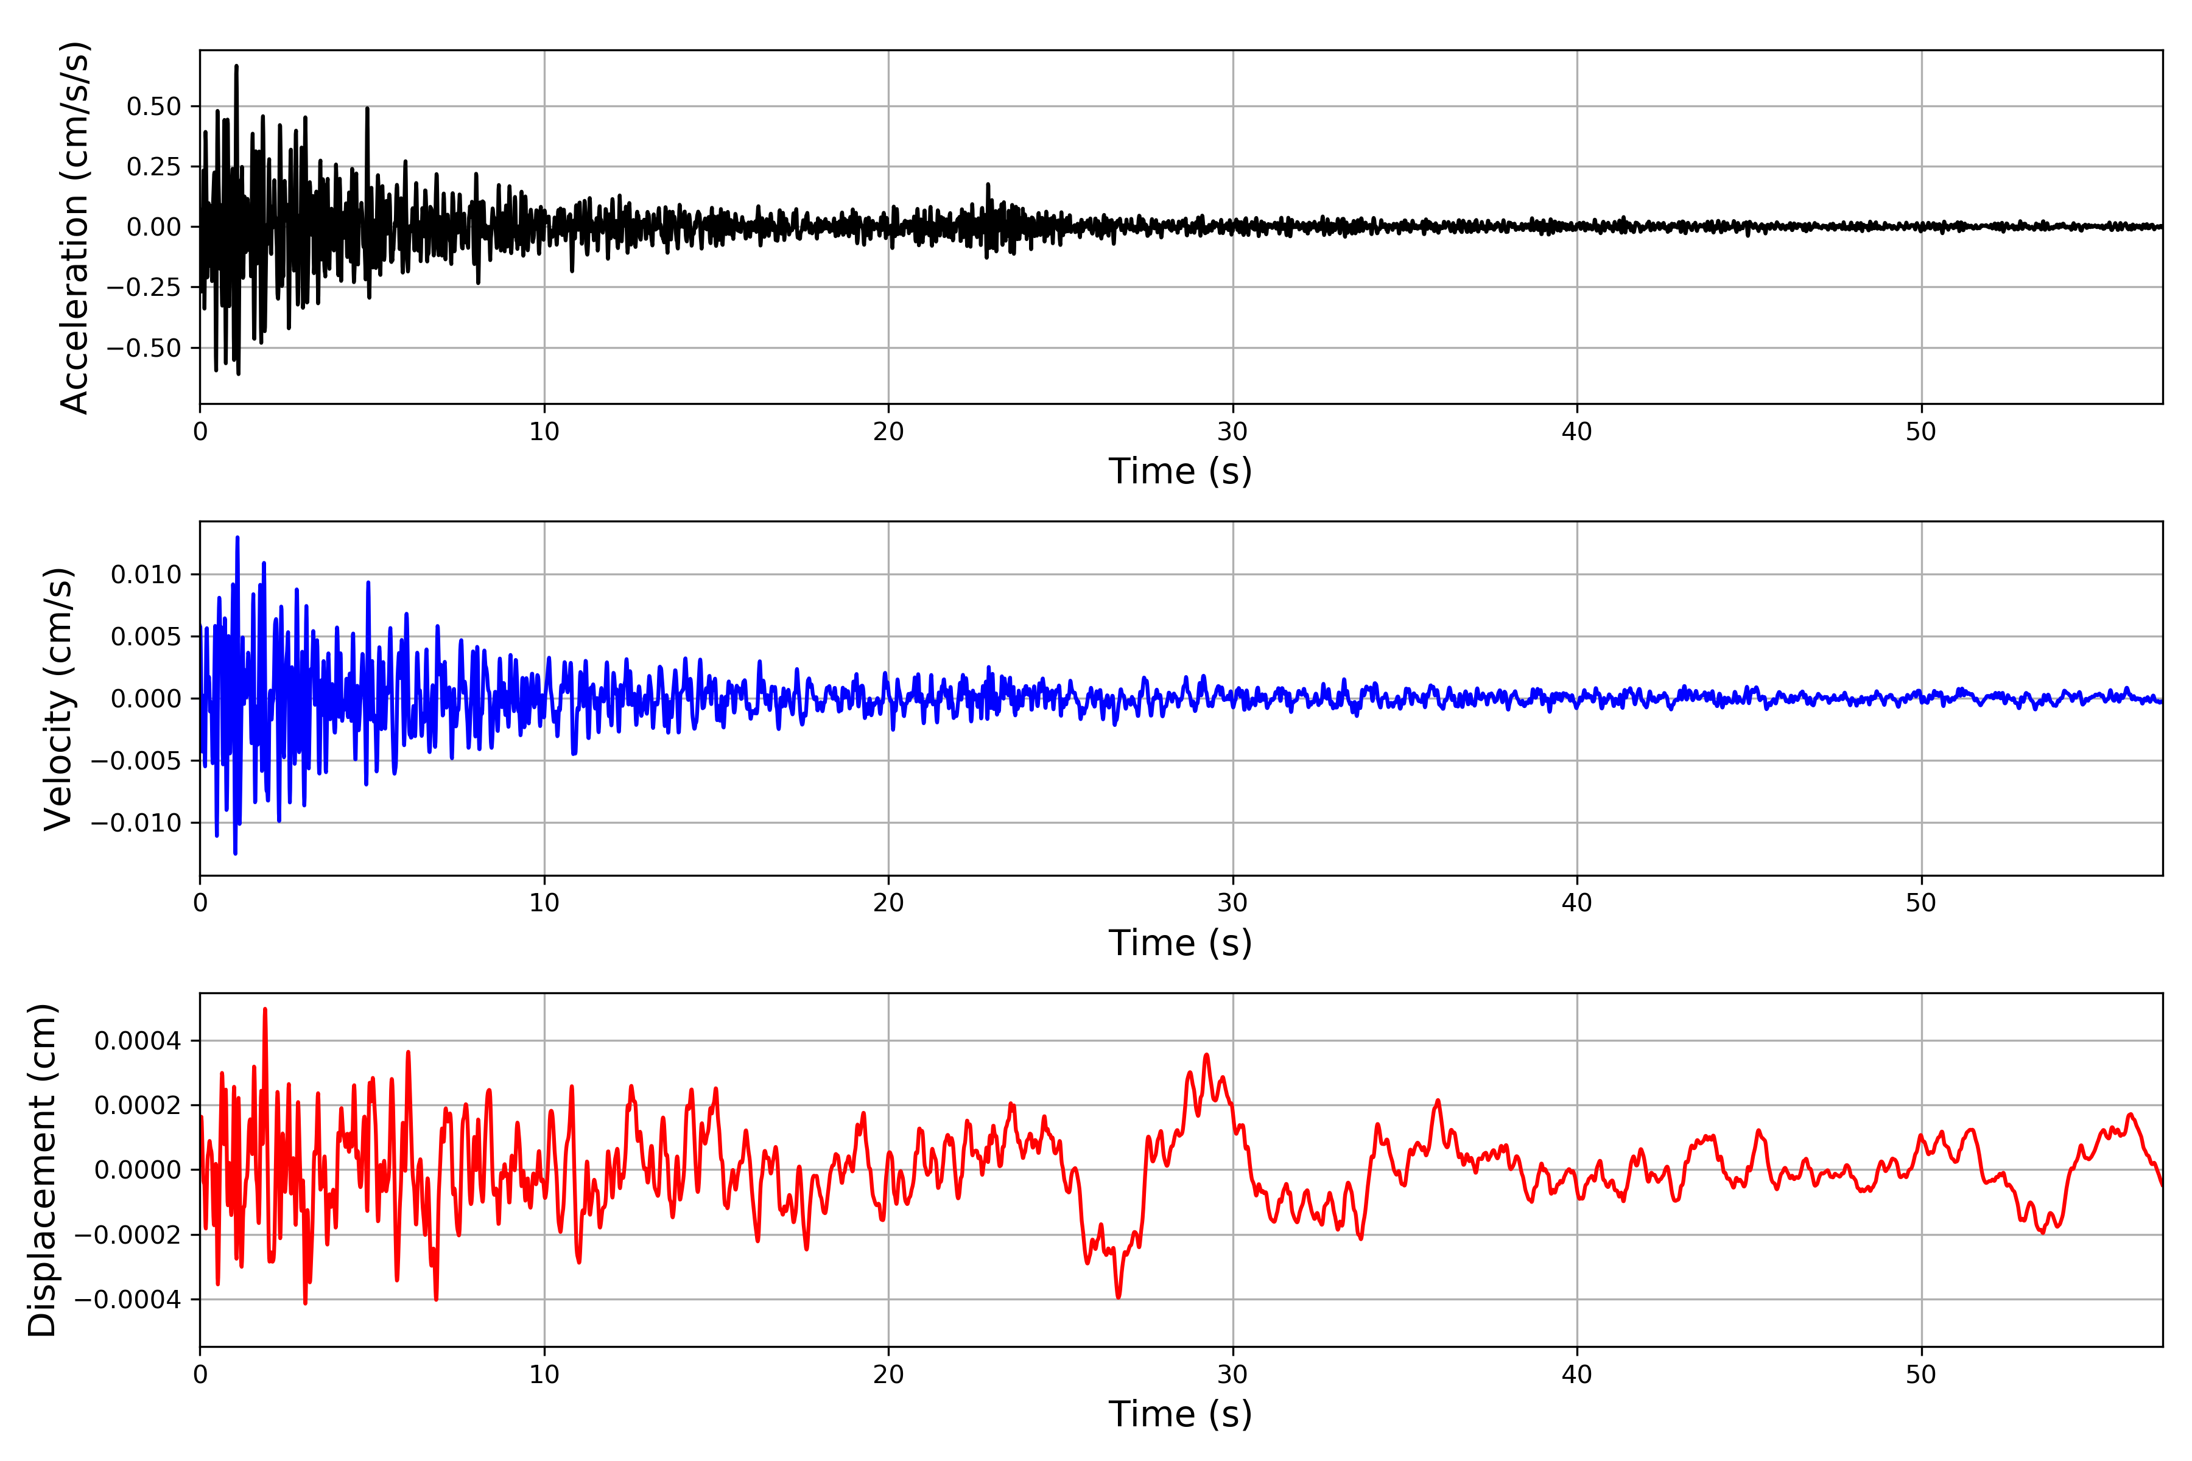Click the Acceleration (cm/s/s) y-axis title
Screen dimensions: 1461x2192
(74, 227)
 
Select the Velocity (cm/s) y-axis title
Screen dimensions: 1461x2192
(58, 699)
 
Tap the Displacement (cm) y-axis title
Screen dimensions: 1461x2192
(43, 1170)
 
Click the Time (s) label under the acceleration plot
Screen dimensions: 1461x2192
(1180, 471)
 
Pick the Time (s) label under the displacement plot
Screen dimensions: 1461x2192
(1180, 1414)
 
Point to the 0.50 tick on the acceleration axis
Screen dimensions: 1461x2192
(154, 106)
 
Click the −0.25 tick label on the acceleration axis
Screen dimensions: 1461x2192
(144, 288)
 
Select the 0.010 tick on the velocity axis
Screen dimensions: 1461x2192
(146, 575)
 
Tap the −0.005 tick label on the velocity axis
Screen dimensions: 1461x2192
(136, 762)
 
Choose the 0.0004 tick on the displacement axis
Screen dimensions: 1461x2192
(138, 1041)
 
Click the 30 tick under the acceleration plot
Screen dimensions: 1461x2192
(1232, 432)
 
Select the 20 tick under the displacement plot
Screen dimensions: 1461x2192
(888, 1375)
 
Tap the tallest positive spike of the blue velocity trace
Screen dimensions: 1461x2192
(237, 538)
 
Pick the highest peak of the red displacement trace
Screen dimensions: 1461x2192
(265, 1009)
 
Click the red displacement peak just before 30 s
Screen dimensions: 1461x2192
(1207, 1055)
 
